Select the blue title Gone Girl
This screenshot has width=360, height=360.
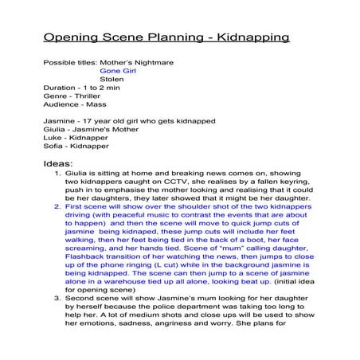pos(118,70)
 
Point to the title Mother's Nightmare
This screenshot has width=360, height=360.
pos(143,61)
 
